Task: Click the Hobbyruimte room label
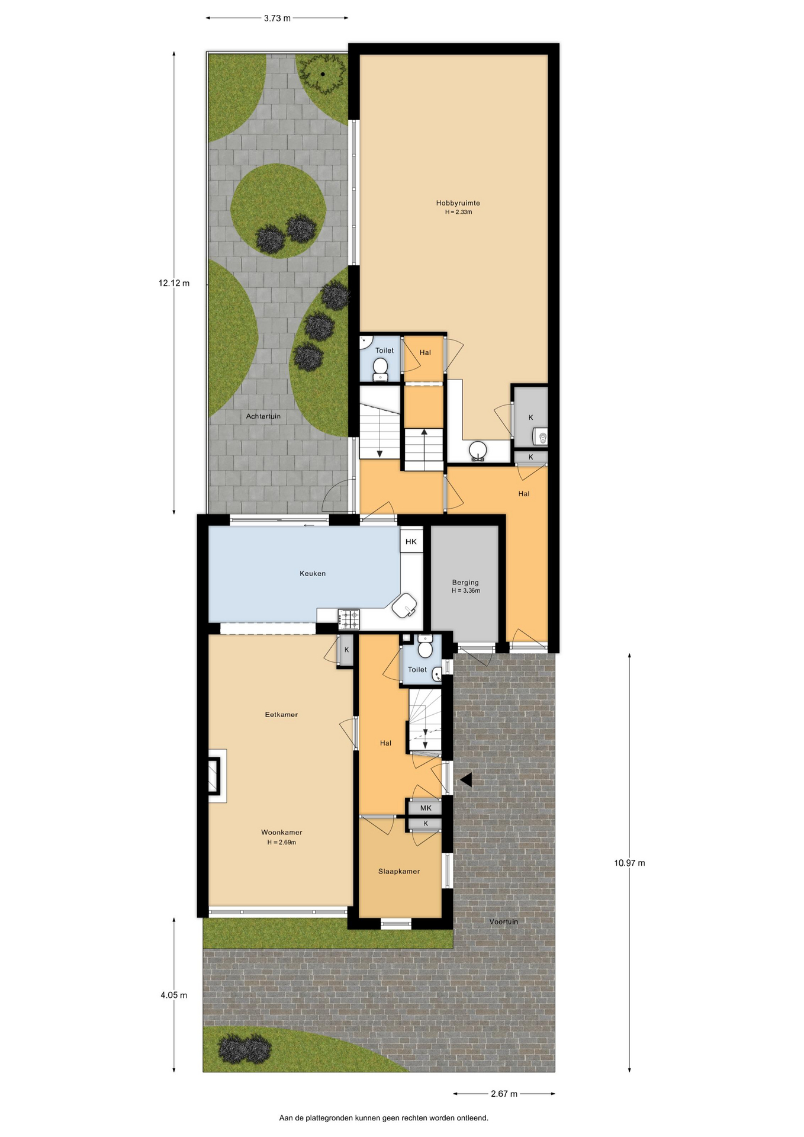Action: tap(458, 203)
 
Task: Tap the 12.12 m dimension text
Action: tap(174, 283)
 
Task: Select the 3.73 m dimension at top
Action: tap(277, 18)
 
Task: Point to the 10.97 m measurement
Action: tap(629, 863)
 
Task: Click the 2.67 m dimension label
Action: tap(504, 1094)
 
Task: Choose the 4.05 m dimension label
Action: tap(174, 995)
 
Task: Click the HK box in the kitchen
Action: tap(411, 541)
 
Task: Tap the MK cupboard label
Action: tap(426, 808)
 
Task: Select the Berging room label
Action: tap(465, 582)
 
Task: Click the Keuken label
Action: tap(313, 573)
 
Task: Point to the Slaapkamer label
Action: tap(399, 871)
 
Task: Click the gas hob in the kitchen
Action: tap(349, 619)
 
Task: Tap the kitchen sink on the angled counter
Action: tap(405, 606)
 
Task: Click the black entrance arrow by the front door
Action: tap(466, 780)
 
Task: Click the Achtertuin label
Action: tap(263, 416)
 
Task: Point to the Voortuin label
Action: tap(504, 921)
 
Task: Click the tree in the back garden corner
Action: tap(323, 74)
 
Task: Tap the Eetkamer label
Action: tap(281, 715)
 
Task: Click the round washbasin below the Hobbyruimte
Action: tap(478, 450)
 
